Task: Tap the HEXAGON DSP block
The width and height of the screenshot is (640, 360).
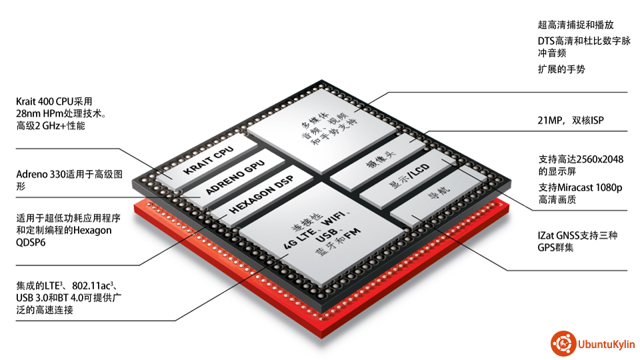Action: click(261, 196)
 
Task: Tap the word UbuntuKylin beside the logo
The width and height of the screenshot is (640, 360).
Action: click(607, 344)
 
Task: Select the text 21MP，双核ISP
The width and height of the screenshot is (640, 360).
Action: click(570, 121)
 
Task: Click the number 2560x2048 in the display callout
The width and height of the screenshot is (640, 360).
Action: click(599, 159)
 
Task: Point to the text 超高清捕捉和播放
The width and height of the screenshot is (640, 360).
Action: click(575, 25)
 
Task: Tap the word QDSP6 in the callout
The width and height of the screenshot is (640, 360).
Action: click(31, 243)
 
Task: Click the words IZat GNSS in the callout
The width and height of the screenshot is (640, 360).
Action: click(557, 235)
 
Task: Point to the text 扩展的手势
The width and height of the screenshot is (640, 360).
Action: click(561, 69)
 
